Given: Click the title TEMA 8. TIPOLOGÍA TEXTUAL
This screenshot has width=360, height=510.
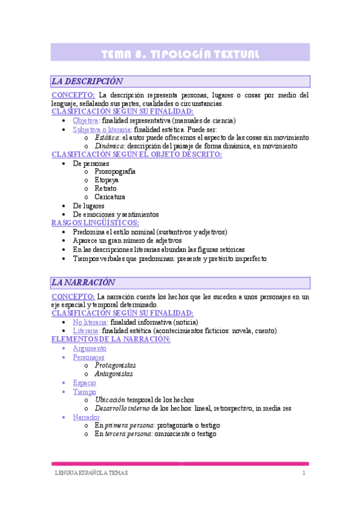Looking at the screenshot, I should tap(180, 54).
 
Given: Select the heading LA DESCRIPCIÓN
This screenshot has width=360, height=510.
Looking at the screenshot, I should tap(88, 81).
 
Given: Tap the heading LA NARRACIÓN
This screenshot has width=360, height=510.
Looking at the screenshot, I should tap(84, 282).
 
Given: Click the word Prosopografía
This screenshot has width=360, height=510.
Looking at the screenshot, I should tap(115, 171).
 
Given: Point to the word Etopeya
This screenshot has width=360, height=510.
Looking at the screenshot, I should tap(106, 180).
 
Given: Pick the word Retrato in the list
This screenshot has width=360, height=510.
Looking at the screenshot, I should tap(106, 188).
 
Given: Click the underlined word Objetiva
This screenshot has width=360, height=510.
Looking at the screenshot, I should tap(86, 120).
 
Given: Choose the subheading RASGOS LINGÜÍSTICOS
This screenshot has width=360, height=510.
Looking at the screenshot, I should tap(95, 223).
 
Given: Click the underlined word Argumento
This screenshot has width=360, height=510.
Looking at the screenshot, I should tap(90, 348).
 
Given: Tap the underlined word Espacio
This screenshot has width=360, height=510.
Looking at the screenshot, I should tap(84, 382).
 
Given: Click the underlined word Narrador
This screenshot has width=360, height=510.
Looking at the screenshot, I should tap(86, 417).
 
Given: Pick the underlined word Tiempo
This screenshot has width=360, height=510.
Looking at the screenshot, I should tap(84, 391).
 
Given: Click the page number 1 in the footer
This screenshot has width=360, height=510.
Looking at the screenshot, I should tap(304, 473).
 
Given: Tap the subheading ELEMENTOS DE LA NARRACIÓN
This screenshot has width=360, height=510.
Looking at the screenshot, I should tap(111, 339).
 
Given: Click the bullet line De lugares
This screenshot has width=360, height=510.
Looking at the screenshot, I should tap(88, 206).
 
